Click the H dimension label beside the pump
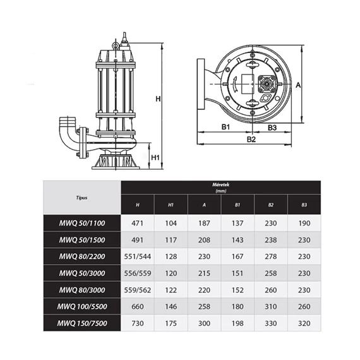coord(158,99)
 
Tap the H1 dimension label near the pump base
coord(155,157)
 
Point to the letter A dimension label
coord(298,85)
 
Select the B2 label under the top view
coord(251,140)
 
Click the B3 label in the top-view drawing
coord(272,128)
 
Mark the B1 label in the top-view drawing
coord(225,127)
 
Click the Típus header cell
coord(81,198)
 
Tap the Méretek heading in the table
coord(220,184)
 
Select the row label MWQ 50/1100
coord(82,223)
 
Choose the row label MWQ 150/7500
coord(82,323)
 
